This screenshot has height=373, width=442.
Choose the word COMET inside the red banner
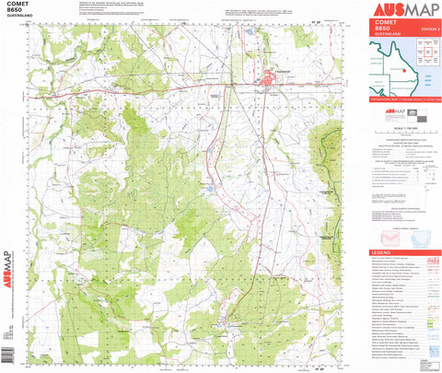tap(383, 23)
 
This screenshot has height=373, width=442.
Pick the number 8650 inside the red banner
tap(381, 29)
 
